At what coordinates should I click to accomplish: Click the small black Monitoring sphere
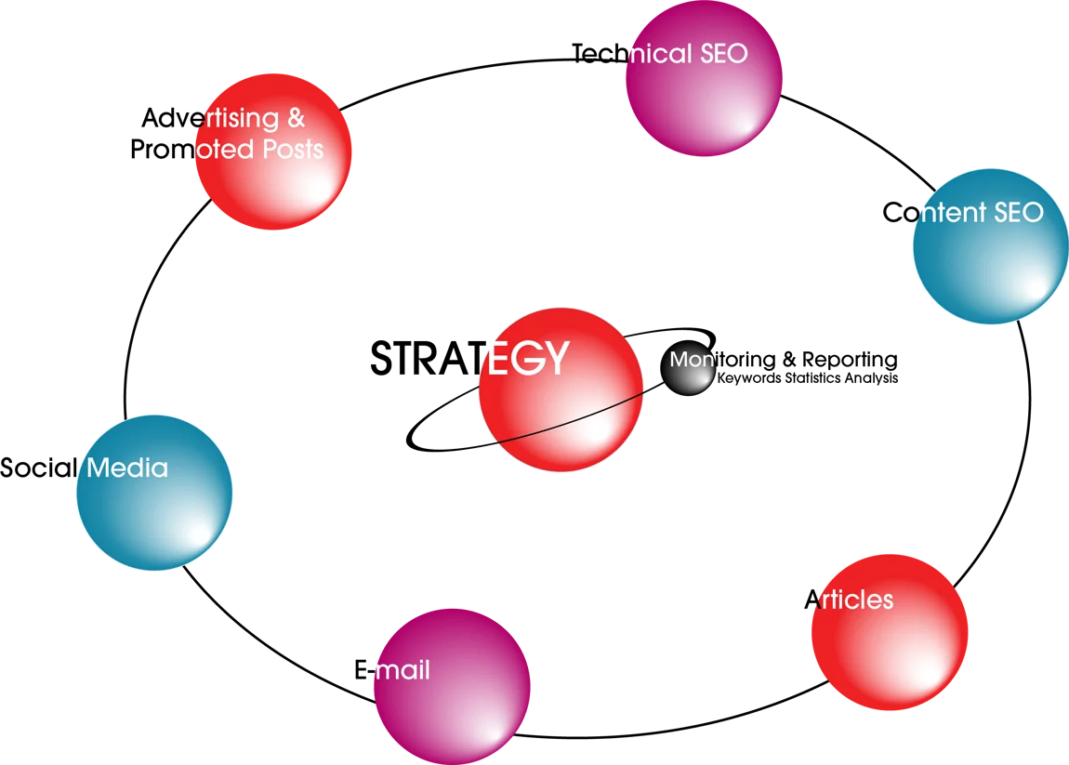(688, 368)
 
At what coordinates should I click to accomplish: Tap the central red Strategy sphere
(561, 389)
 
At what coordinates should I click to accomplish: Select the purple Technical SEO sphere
(704, 78)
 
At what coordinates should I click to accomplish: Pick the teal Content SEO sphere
(991, 246)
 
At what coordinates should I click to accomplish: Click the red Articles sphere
(890, 632)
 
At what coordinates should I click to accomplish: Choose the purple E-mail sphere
(452, 687)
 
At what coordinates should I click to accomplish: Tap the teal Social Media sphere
(154, 493)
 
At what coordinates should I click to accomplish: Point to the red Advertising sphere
(273, 152)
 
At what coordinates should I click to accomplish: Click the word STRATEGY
(469, 358)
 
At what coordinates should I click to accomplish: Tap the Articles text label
(849, 600)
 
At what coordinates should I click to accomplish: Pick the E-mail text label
(392, 669)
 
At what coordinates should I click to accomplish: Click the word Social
(39, 468)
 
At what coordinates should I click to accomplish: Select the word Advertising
(211, 119)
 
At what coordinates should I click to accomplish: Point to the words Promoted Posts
(227, 150)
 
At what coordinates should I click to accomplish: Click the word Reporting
(850, 360)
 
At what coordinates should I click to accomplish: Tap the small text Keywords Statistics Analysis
(807, 377)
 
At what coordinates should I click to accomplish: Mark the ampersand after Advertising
(296, 118)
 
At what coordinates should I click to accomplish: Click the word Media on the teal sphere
(127, 468)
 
